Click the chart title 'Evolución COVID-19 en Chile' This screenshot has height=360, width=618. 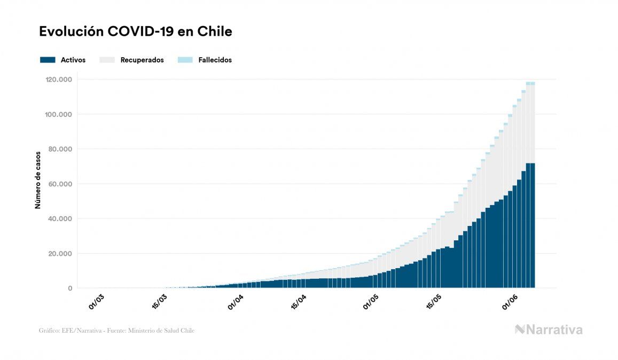pyautogui.click(x=136, y=32)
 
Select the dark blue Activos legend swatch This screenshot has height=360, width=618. pyautogui.click(x=48, y=60)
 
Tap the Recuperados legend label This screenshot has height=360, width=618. pyautogui.click(x=142, y=60)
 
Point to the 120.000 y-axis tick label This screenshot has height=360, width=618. pyautogui.click(x=59, y=80)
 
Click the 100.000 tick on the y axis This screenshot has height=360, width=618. pyautogui.click(x=59, y=114)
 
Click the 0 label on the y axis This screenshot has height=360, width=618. pyautogui.click(x=71, y=288)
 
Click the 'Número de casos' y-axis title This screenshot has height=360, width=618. pyautogui.click(x=38, y=184)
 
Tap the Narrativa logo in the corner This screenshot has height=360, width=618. pyautogui.click(x=549, y=330)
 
